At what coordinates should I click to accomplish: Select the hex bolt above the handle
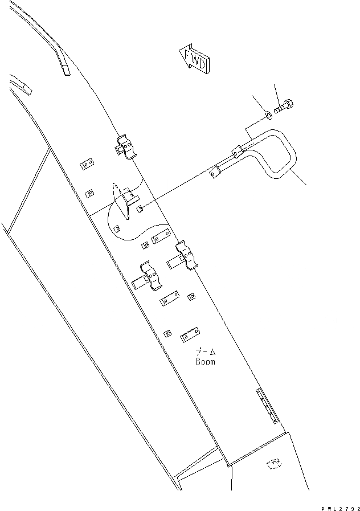point(284,107)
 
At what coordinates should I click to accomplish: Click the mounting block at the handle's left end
point(215,171)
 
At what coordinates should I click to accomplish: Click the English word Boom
point(206,362)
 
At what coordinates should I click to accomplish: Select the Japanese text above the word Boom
point(206,352)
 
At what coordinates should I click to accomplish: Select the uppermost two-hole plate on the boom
point(87,164)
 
